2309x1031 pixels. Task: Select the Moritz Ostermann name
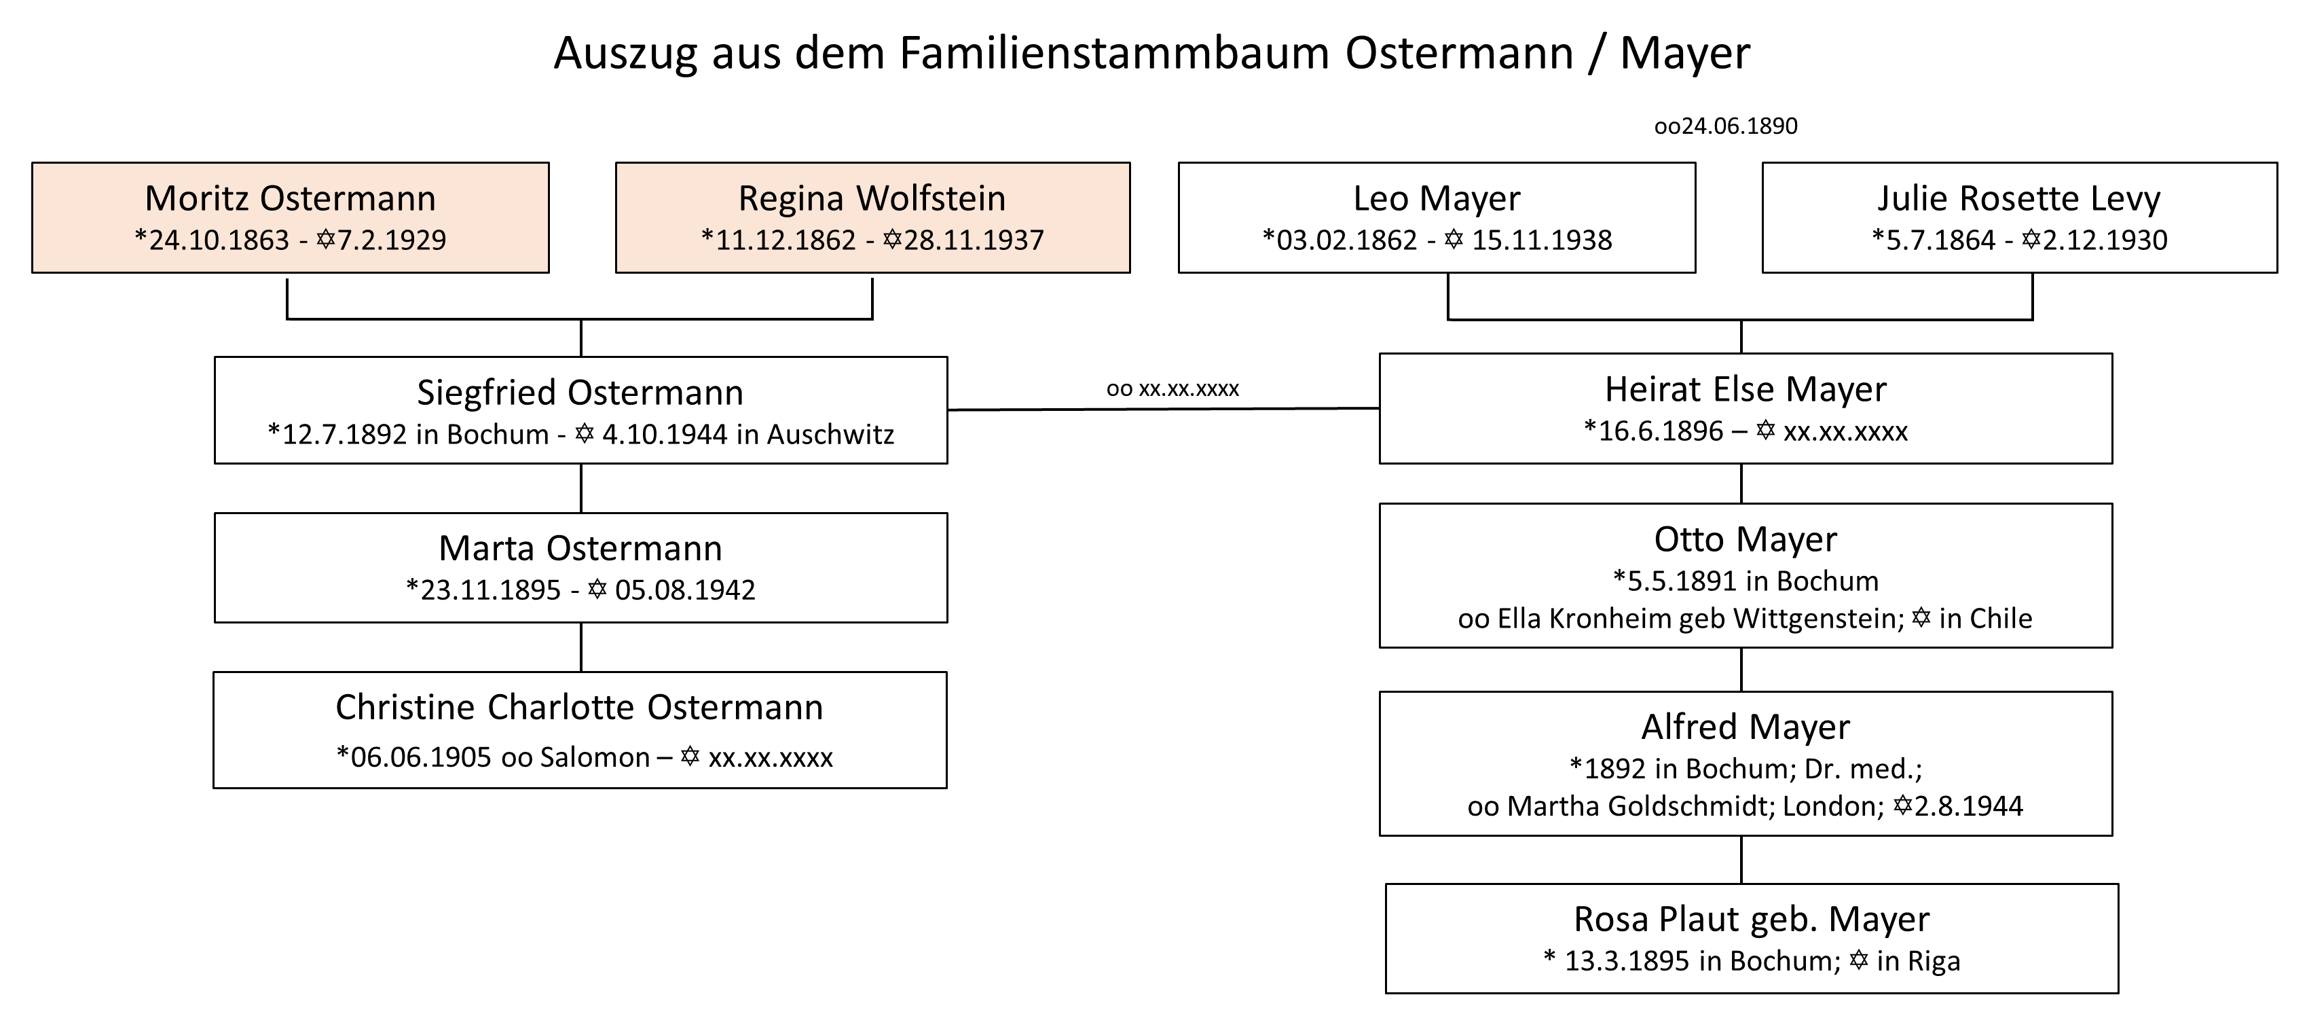click(291, 198)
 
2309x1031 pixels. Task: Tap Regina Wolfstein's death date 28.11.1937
click(974, 240)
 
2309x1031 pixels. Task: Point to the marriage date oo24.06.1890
click(1726, 126)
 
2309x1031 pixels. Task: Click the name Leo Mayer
click(1437, 198)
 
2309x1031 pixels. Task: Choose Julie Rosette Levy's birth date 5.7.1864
click(1940, 240)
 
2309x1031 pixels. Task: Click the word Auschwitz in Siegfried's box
click(831, 434)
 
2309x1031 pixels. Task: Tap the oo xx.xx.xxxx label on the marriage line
click(1172, 389)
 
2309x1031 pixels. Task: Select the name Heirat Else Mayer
click(1745, 389)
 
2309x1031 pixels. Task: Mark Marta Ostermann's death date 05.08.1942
click(685, 590)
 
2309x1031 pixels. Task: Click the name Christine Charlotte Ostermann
click(579, 707)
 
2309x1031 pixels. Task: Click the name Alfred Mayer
click(1745, 727)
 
